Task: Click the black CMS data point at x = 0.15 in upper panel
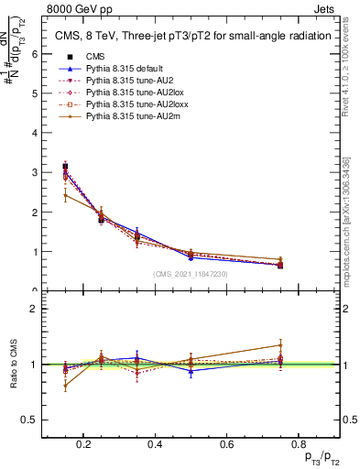point(65,167)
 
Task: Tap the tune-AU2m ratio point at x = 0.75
point(280,345)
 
